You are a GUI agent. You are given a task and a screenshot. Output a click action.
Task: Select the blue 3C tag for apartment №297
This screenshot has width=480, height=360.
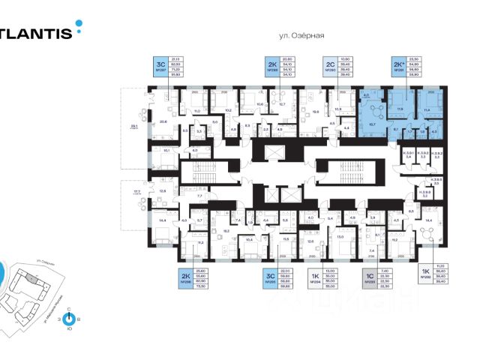click(161, 66)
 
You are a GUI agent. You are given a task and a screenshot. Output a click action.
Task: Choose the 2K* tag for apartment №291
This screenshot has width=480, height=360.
click(397, 66)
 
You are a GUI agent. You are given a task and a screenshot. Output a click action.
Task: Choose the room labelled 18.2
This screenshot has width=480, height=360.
click(224, 231)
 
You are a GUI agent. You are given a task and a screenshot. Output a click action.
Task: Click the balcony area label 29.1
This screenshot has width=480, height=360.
click(134, 127)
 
